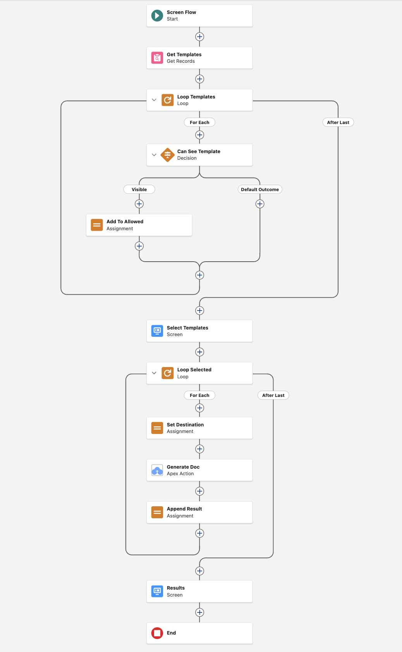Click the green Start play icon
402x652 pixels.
[x=157, y=16]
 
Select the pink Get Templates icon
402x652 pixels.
[x=157, y=58]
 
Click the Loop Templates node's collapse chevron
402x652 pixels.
[x=154, y=100]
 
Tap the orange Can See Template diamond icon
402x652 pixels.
[x=168, y=155]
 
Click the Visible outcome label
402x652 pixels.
[x=139, y=190]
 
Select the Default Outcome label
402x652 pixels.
[x=260, y=190]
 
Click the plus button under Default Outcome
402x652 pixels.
[x=260, y=204]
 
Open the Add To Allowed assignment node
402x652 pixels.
[x=139, y=225]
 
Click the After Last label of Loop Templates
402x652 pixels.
[x=338, y=122]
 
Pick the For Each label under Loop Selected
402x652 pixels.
[x=199, y=395]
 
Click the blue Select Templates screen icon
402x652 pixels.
[x=157, y=331]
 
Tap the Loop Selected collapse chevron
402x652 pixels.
[x=154, y=373]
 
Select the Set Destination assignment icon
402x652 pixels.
[x=157, y=428]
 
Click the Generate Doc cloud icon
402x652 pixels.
[x=157, y=470]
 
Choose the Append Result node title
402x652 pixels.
[x=184, y=509]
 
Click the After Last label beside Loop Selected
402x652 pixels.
[x=273, y=395]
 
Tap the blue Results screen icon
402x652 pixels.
[x=157, y=591]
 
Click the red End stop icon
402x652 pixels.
[x=157, y=633]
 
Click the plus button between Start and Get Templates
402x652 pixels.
[x=199, y=37]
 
